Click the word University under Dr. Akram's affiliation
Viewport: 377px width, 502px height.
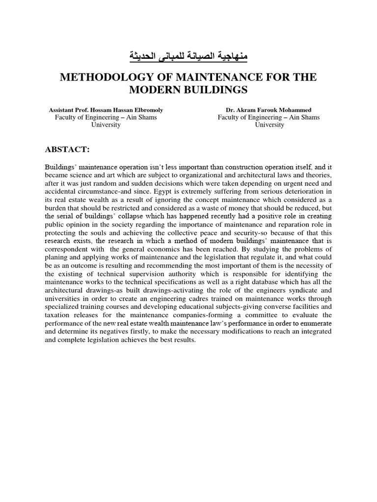pyautogui.click(x=269, y=125)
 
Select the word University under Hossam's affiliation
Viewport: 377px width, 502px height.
pyautogui.click(x=106, y=125)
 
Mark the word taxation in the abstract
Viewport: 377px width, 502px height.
pyautogui.click(x=55, y=315)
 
